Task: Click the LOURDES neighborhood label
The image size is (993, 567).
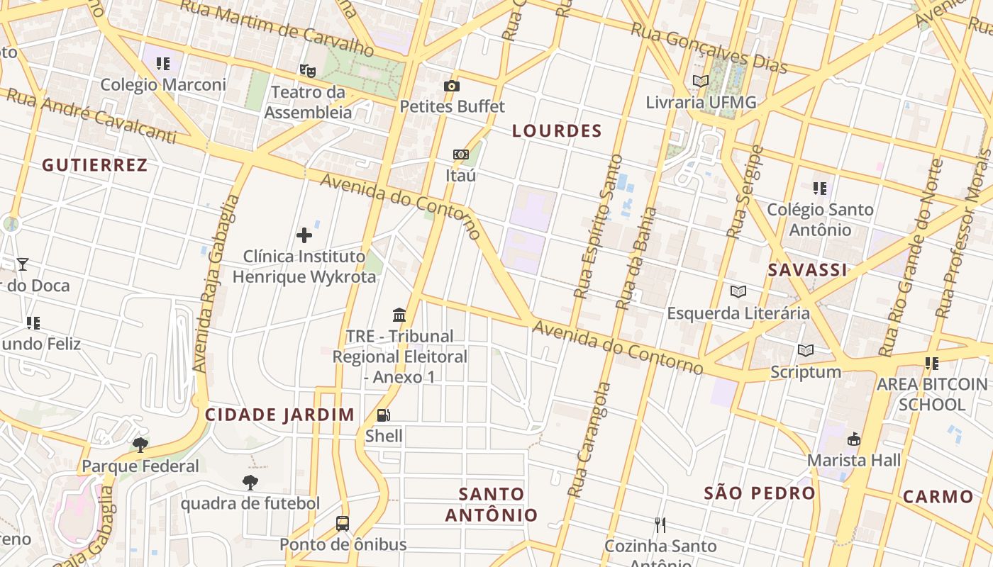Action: tap(557, 131)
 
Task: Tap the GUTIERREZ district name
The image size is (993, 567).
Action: tap(94, 165)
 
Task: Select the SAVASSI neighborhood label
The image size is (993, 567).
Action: tap(807, 270)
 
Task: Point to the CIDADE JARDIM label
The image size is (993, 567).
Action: tap(279, 415)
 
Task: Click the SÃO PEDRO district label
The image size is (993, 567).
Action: tap(759, 493)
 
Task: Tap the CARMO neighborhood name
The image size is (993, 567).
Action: tap(938, 496)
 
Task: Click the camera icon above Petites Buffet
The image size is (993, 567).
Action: tap(452, 86)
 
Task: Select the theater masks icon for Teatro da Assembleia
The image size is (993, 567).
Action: tap(307, 70)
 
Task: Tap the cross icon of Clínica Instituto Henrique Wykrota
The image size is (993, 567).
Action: tap(304, 235)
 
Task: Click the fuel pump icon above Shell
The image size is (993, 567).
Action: tap(383, 415)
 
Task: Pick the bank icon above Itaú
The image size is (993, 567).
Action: tap(461, 155)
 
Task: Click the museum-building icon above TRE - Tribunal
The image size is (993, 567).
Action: tap(399, 315)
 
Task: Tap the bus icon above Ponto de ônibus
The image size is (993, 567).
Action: tap(343, 524)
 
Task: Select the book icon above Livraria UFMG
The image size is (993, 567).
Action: tap(701, 82)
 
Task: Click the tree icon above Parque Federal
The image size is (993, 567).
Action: tap(140, 445)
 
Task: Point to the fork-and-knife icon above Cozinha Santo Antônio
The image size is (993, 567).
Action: tap(660, 525)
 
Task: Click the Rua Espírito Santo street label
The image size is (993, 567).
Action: tap(596, 227)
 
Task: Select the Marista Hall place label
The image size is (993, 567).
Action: tap(854, 460)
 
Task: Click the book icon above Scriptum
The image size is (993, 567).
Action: tap(805, 350)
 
